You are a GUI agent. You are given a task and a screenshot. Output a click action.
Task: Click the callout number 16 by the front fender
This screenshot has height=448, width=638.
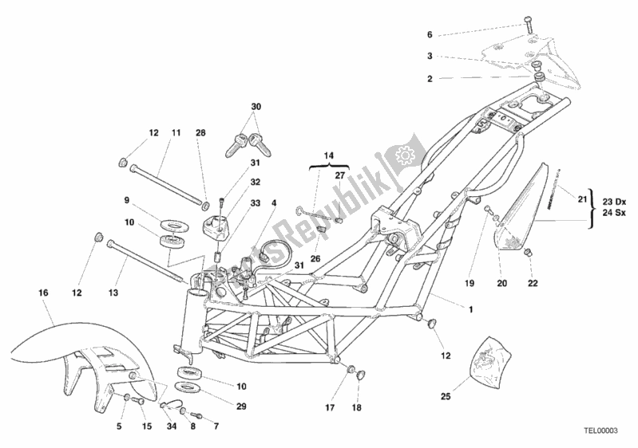point(43,294)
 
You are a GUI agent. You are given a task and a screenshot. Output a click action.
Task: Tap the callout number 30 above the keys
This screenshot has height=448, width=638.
point(256,107)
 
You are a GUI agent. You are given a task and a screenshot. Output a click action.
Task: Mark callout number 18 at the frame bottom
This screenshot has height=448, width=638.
point(356,407)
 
